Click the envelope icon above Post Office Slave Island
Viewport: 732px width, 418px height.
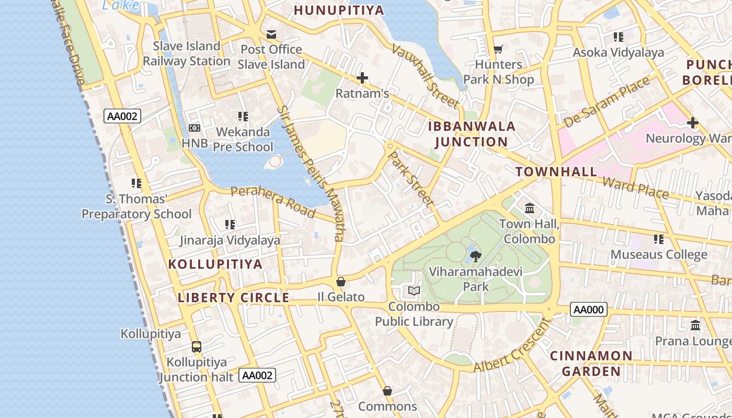[271, 34]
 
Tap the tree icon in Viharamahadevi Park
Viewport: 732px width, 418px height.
[475, 256]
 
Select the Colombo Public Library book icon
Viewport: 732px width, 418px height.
[414, 291]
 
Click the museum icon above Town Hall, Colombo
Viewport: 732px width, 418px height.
[530, 208]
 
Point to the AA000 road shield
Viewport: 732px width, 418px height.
[589, 309]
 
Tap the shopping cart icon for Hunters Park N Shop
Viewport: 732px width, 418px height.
[498, 49]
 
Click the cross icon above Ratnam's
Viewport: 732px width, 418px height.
[362, 78]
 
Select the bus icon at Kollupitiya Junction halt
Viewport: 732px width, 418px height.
[196, 346]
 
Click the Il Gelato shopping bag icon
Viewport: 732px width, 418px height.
[341, 282]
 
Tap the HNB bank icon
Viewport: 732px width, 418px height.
[194, 128]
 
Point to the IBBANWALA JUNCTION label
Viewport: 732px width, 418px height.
[472, 134]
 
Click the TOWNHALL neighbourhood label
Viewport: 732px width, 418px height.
[556, 171]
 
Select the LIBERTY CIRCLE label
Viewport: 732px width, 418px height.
[233, 298]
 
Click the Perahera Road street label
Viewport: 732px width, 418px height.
[273, 201]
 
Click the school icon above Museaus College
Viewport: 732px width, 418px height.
[659, 239]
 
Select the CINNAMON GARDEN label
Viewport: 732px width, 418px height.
[591, 364]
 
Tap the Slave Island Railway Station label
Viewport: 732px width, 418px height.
[187, 54]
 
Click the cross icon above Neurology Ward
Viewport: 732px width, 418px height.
[693, 123]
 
